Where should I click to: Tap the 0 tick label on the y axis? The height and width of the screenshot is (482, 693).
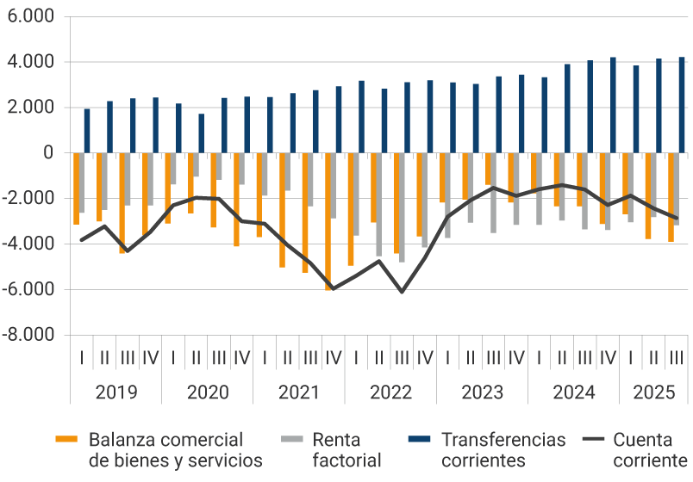click(x=47, y=153)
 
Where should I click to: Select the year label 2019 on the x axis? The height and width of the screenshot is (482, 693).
click(x=115, y=392)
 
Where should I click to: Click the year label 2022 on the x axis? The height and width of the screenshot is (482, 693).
click(x=390, y=392)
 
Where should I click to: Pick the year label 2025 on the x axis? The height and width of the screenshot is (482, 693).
click(x=653, y=392)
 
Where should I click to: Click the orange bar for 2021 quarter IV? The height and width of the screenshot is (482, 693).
click(x=328, y=221)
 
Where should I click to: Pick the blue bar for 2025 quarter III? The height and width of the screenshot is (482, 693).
click(x=682, y=105)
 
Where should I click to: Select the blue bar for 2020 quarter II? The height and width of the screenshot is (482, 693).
click(x=202, y=133)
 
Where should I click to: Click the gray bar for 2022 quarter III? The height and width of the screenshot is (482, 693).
click(x=402, y=207)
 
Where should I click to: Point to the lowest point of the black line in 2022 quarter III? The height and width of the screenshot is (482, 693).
click(x=402, y=293)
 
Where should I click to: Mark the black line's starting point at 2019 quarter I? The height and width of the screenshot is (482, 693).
click(x=82, y=240)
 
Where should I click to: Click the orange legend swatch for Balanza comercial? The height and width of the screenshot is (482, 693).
click(x=67, y=440)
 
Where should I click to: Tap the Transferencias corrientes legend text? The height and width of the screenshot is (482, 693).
click(x=503, y=449)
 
